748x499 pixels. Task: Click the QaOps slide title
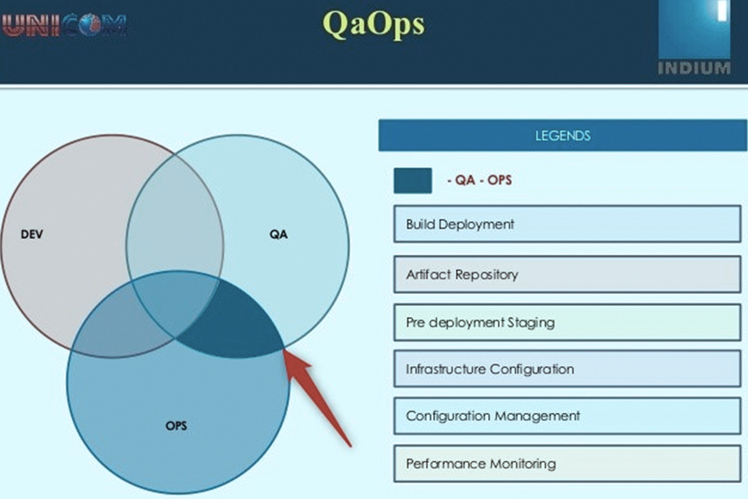coord(373,24)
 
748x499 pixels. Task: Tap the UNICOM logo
coord(64,25)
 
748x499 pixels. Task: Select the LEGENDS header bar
coord(562,135)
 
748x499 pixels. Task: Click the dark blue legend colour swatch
coord(412,180)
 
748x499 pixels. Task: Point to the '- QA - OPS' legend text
coord(479,180)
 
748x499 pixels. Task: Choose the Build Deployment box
coord(567,224)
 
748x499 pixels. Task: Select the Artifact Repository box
coord(567,274)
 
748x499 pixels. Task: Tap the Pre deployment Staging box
coord(567,322)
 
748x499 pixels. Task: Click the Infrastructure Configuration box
coord(567,369)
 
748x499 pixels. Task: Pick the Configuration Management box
coord(567,415)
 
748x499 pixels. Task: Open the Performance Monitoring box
coord(567,463)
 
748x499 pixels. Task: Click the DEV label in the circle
coord(32,235)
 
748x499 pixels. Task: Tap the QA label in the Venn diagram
coord(279,235)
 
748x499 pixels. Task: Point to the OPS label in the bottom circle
coord(176,427)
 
